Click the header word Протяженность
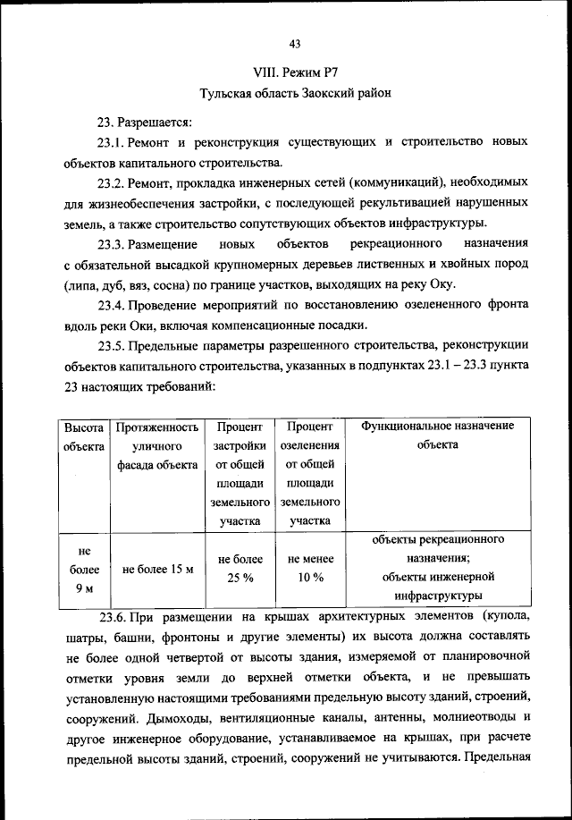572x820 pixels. [x=156, y=427]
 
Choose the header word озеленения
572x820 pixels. [x=309, y=445]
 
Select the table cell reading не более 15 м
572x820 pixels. [x=157, y=569]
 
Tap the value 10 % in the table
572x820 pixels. [x=310, y=578]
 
